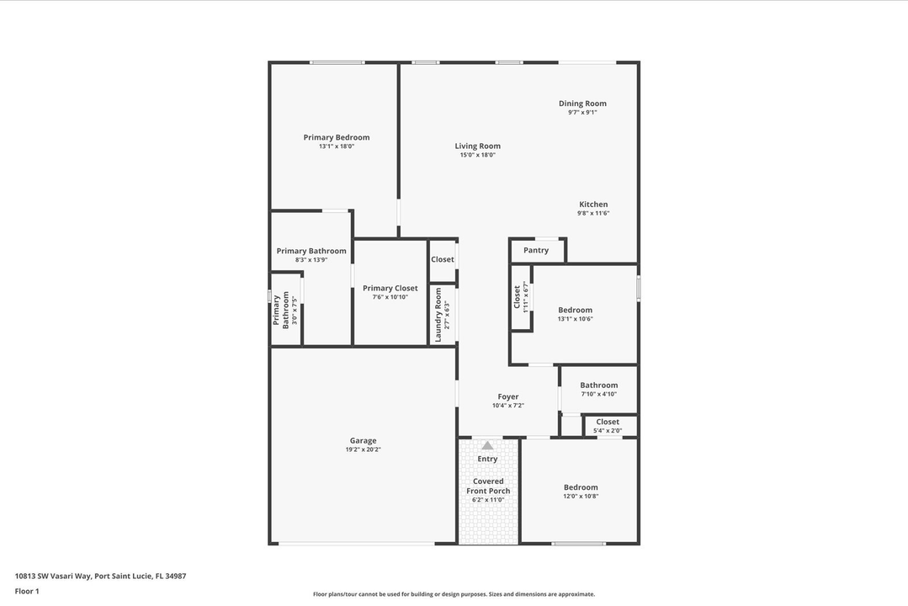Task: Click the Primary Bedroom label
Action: click(x=336, y=137)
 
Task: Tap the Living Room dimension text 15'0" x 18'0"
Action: click(x=477, y=155)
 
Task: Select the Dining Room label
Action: click(x=582, y=104)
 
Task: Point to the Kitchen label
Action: click(x=593, y=205)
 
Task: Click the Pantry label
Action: click(x=536, y=250)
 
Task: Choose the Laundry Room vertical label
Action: click(x=438, y=315)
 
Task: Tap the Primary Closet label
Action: click(x=390, y=288)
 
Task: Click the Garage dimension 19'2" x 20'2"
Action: click(x=363, y=449)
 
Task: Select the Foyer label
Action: click(x=507, y=396)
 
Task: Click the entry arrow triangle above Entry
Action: click(x=487, y=445)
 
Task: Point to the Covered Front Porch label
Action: click(x=488, y=486)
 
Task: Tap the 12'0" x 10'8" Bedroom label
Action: click(x=581, y=487)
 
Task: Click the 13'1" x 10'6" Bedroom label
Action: click(x=575, y=310)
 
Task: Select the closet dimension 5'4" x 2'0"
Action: click(x=608, y=431)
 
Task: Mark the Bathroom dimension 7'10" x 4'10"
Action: click(x=598, y=394)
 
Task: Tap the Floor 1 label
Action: click(x=27, y=591)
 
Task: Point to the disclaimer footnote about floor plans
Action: click(x=454, y=594)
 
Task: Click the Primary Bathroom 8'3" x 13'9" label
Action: click(x=311, y=251)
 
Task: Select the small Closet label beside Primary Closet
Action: click(x=443, y=259)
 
